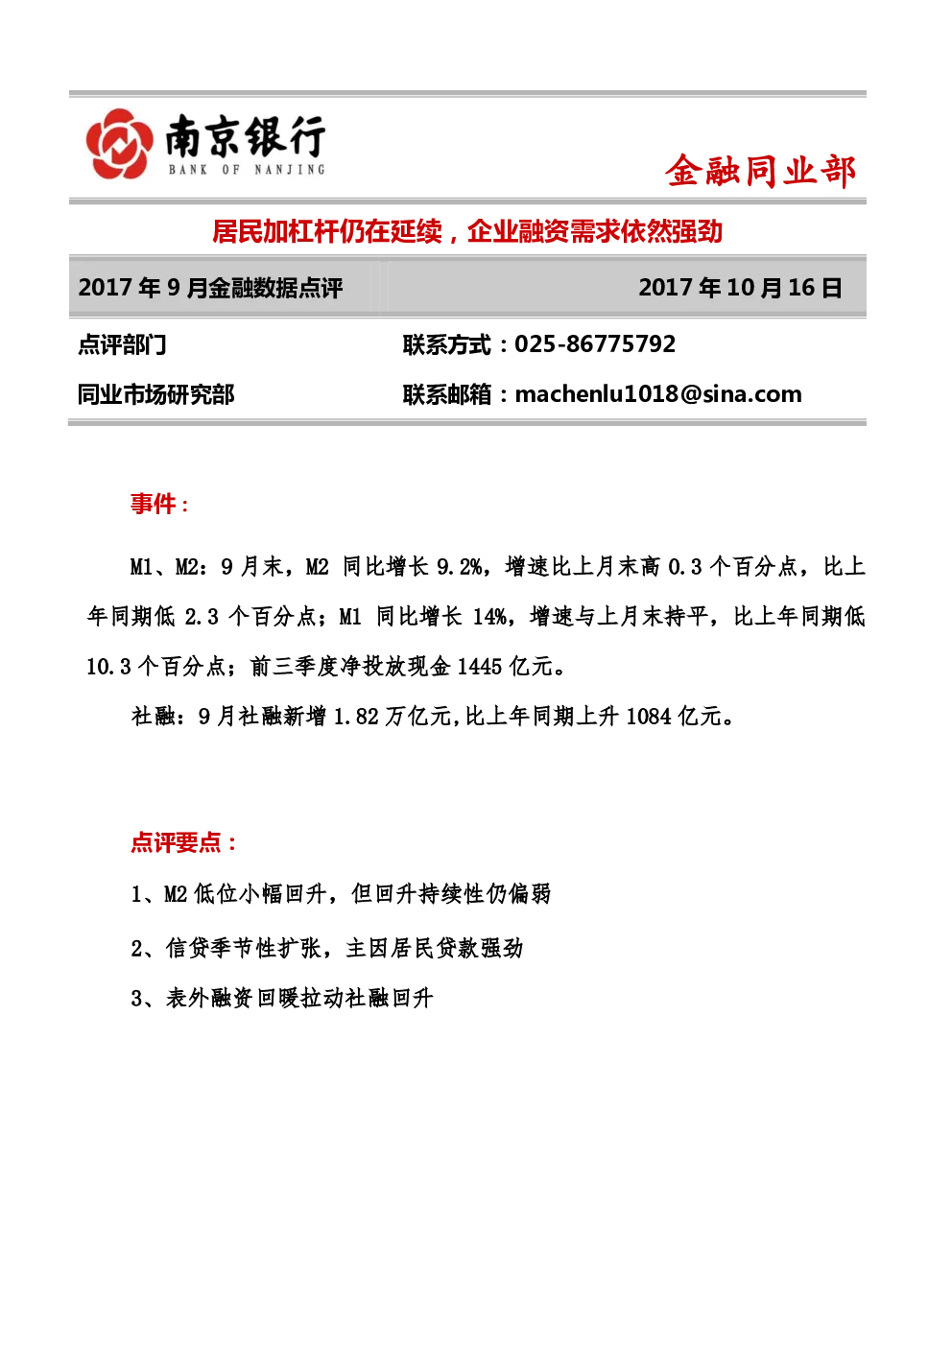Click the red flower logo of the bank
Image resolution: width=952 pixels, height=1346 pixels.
[x=118, y=144]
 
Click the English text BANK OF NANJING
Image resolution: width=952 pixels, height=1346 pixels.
[x=247, y=170]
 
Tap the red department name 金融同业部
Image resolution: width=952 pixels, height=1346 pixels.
[x=760, y=172]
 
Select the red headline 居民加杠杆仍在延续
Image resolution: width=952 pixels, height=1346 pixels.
[x=327, y=231]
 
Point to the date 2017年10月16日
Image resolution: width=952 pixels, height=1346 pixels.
[x=741, y=287]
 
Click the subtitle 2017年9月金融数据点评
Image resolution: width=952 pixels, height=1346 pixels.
[x=210, y=288]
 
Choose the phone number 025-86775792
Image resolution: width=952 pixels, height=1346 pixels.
[x=595, y=343]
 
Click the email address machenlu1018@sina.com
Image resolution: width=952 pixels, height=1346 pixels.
[x=658, y=394]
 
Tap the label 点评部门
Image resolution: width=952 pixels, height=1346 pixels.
[x=122, y=345]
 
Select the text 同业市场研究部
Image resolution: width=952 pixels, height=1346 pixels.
[x=155, y=395]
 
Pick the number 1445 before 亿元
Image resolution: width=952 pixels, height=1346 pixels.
[x=480, y=667]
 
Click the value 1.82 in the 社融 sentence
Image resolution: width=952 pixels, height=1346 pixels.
[x=356, y=717]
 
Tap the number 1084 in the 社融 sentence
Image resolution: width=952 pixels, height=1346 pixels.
[x=649, y=717]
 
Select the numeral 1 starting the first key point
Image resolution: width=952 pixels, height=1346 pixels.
[x=136, y=894]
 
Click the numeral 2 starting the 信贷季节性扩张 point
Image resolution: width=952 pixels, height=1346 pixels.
[x=137, y=948]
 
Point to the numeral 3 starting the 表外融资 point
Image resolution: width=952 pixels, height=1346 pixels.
[x=137, y=998]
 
